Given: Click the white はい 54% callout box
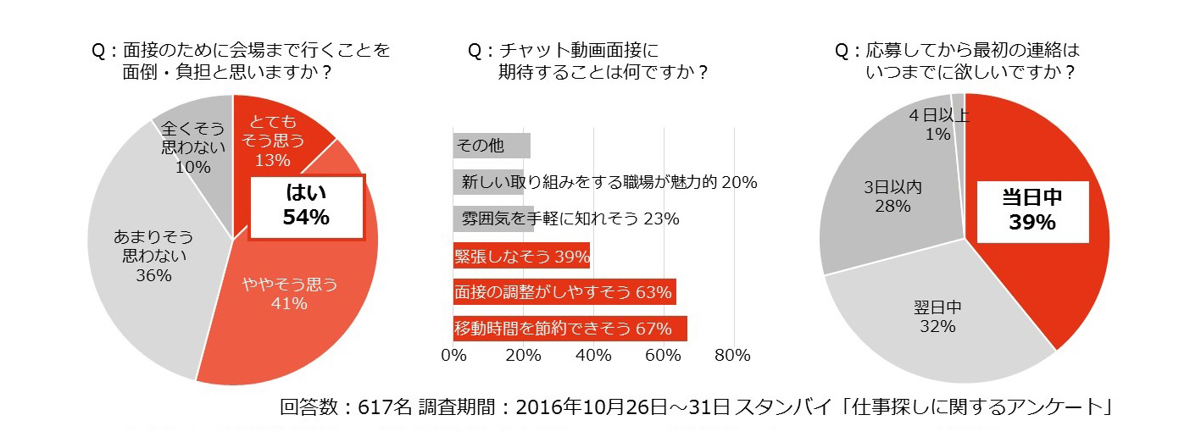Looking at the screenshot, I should click(x=306, y=206).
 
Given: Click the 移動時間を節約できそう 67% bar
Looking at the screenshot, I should click(x=570, y=329).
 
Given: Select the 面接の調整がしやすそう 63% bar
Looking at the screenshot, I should click(x=564, y=292).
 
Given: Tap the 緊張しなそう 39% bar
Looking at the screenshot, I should click(x=521, y=255).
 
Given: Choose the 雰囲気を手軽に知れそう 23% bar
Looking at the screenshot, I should click(x=493, y=218).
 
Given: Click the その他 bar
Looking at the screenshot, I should click(x=492, y=146).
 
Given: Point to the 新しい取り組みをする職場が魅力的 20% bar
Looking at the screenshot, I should click(x=488, y=182).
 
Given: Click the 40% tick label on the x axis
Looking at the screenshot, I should click(x=593, y=356).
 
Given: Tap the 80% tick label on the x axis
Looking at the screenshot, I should click(x=732, y=356).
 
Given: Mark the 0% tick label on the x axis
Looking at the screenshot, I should click(x=454, y=356).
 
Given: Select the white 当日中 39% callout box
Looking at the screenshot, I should click(x=1032, y=209).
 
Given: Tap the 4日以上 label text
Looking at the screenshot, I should click(x=938, y=115).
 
